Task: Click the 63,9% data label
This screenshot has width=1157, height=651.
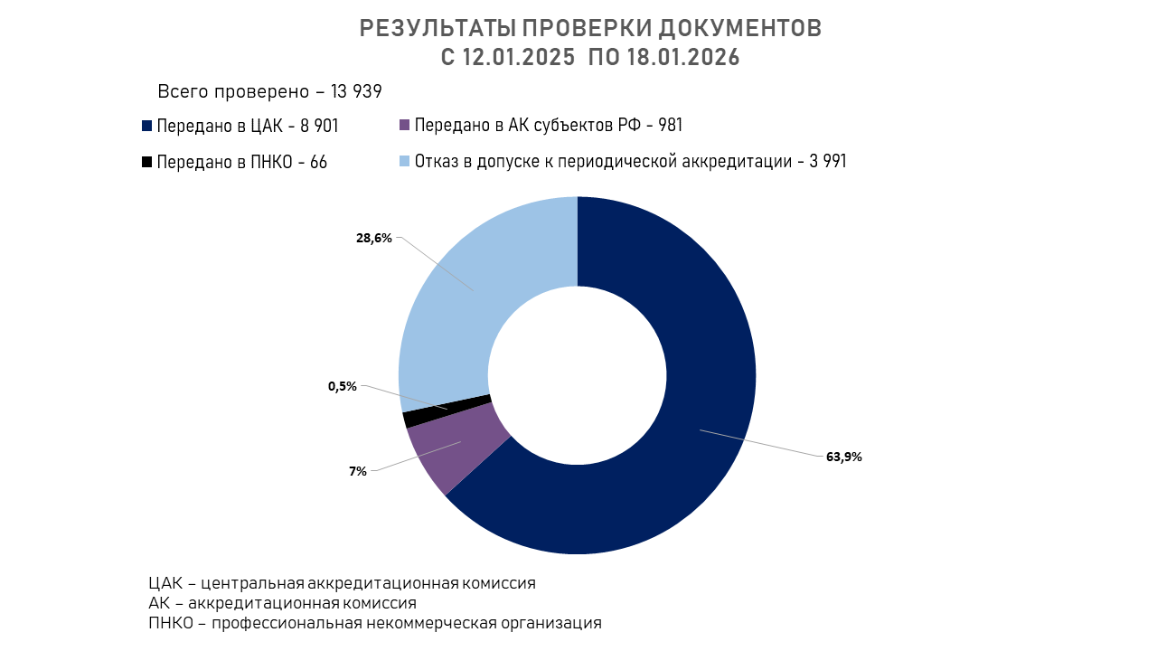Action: point(843,457)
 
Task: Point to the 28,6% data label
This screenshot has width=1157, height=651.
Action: point(374,239)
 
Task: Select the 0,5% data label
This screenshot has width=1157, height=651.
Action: point(343,386)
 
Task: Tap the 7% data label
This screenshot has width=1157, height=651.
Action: point(358,471)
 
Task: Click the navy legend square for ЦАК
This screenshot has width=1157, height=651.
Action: point(147,126)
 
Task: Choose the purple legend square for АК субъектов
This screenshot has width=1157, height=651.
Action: point(405,125)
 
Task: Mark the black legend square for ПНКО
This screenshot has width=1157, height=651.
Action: point(147,162)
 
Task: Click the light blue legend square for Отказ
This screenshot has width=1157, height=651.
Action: point(405,161)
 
